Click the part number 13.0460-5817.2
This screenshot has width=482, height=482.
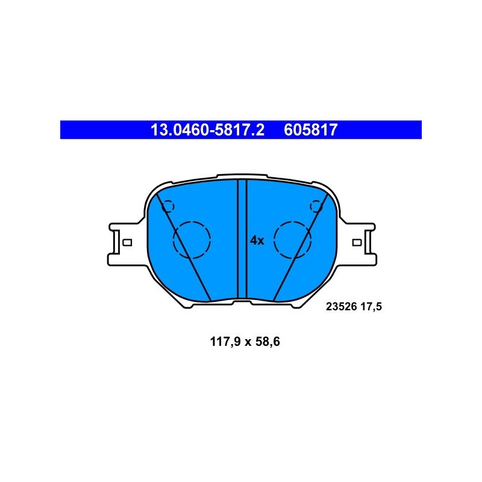point(207,130)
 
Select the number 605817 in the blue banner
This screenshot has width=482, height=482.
point(310,130)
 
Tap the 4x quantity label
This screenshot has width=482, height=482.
point(257,240)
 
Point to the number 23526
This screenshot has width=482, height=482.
point(341,307)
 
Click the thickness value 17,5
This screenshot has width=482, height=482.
point(371,307)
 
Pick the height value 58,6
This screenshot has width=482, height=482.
point(268,342)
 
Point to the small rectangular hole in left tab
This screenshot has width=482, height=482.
point(127,243)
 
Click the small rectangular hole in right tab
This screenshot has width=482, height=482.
point(357,243)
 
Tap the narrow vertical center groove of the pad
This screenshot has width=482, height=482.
point(242,239)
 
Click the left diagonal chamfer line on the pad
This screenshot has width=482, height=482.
point(184,247)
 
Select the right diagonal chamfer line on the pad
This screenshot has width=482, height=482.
point(301,247)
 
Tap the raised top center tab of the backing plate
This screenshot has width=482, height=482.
point(242,176)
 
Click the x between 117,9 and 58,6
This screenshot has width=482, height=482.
point(248,342)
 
